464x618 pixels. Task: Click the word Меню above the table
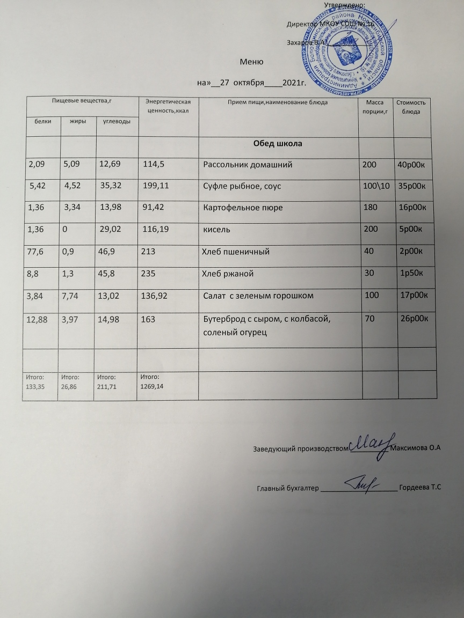click(251, 62)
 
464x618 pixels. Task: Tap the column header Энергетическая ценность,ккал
click(169, 106)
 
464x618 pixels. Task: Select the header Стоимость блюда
click(412, 106)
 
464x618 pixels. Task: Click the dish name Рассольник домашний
click(247, 165)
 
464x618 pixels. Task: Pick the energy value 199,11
click(156, 186)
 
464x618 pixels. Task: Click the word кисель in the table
click(216, 230)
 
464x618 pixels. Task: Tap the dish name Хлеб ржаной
click(227, 274)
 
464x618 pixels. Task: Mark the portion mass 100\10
click(376, 186)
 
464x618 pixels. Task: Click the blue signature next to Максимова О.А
click(371, 444)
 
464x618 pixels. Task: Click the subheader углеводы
click(116, 122)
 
